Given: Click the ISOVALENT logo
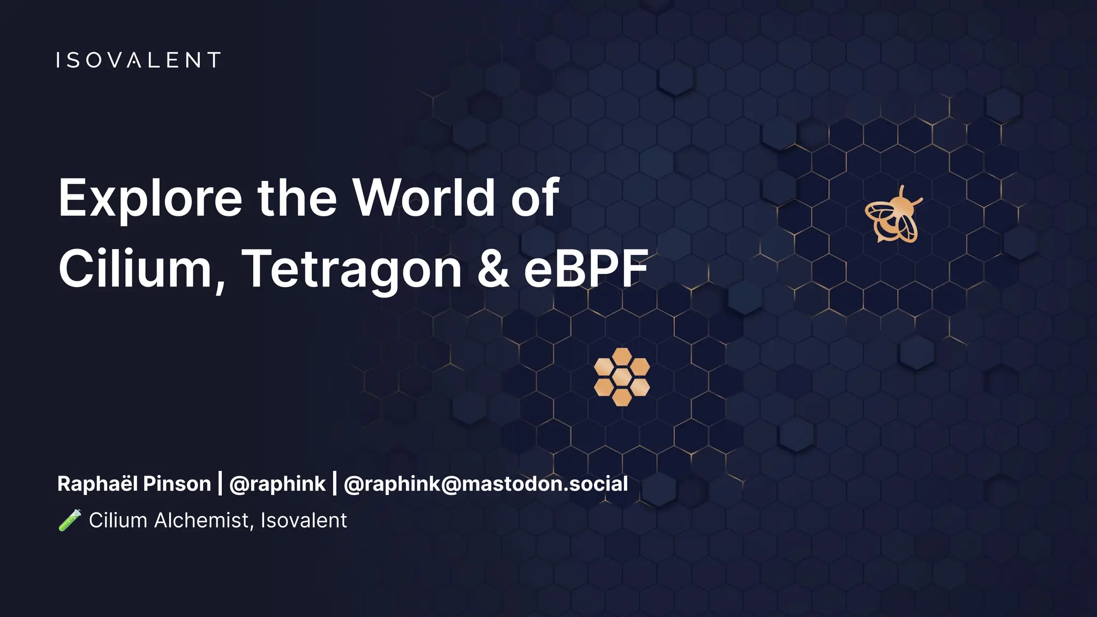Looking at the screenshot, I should pyautogui.click(x=138, y=60).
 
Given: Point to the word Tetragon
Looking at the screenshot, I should pyautogui.click(x=351, y=270).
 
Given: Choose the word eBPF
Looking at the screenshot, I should pyautogui.click(x=585, y=269).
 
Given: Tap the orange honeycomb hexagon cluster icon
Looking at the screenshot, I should pyautogui.click(x=622, y=377).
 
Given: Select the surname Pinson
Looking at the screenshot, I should pyautogui.click(x=177, y=484).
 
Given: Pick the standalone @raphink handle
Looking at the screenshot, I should pyautogui.click(x=277, y=484).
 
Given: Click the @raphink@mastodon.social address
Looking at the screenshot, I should pyautogui.click(x=485, y=484).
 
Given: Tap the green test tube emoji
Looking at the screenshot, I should pyautogui.click(x=70, y=520).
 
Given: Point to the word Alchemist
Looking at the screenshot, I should pyautogui.click(x=204, y=520).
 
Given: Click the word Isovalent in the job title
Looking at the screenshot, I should pyautogui.click(x=304, y=520).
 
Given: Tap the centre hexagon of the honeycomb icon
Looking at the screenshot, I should pyautogui.click(x=622, y=377).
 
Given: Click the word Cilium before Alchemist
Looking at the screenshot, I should pyautogui.click(x=118, y=520).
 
